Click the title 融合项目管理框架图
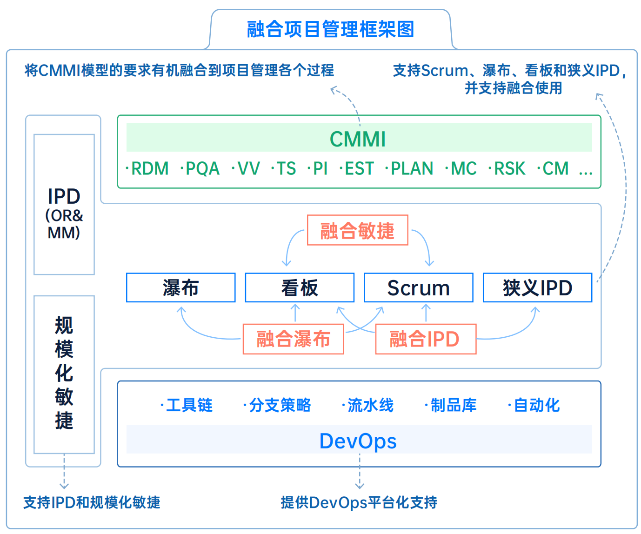[x=330, y=29]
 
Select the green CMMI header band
[x=358, y=138]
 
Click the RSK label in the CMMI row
[x=509, y=168]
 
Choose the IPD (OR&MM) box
[x=64, y=205]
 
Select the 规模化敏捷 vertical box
[x=64, y=374]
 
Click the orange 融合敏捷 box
[x=357, y=230]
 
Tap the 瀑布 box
[x=180, y=288]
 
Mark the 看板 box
[x=300, y=288]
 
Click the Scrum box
[x=418, y=288]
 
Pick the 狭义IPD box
[x=537, y=288]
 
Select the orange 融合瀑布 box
[x=293, y=339]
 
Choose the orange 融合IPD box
[x=425, y=339]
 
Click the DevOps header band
[x=358, y=440]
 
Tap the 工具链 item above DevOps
[x=188, y=405]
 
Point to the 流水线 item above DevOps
[x=370, y=405]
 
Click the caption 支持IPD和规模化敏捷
[x=92, y=502]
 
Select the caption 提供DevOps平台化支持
[x=359, y=502]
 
